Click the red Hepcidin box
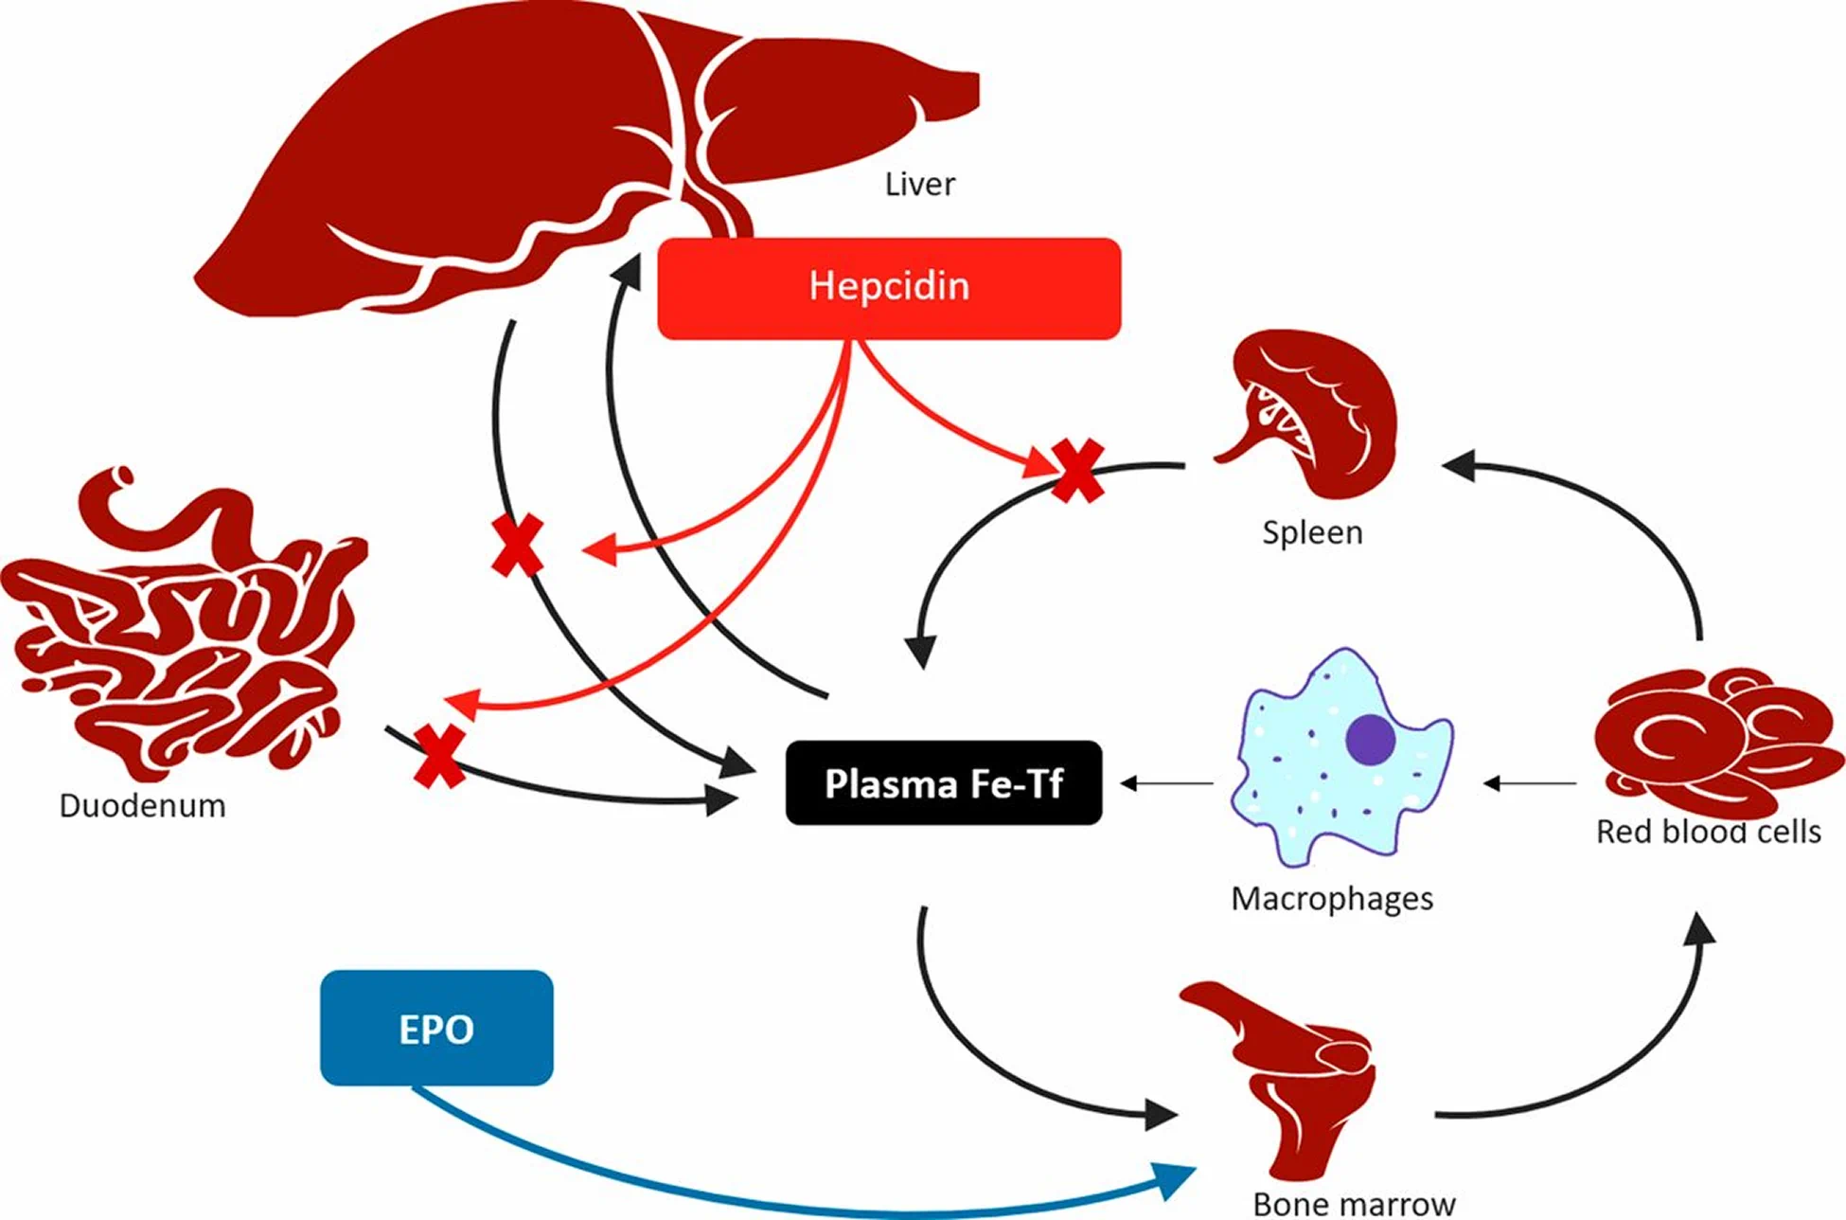[889, 288]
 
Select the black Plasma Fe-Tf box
[944, 783]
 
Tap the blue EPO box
[436, 1029]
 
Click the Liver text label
[919, 184]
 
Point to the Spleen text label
[1312, 532]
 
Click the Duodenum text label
[142, 806]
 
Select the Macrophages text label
[1332, 898]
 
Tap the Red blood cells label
[1708, 832]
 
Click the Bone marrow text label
[1354, 1204]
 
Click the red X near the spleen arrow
[1076, 470]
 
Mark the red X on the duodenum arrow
[439, 756]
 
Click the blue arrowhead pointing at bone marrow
[1176, 1177]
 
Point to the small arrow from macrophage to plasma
[1166, 783]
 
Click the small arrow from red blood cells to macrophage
[1530, 783]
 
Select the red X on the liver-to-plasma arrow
[518, 546]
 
